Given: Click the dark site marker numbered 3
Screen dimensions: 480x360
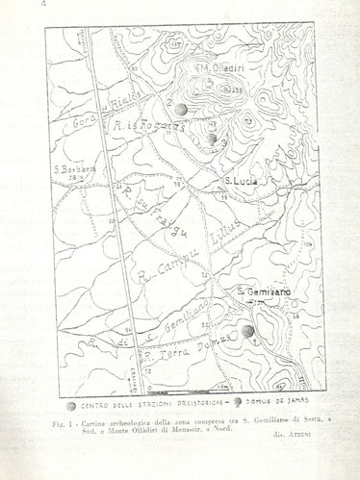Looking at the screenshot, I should (211, 139).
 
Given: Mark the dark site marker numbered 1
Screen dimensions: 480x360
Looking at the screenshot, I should (248, 331).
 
